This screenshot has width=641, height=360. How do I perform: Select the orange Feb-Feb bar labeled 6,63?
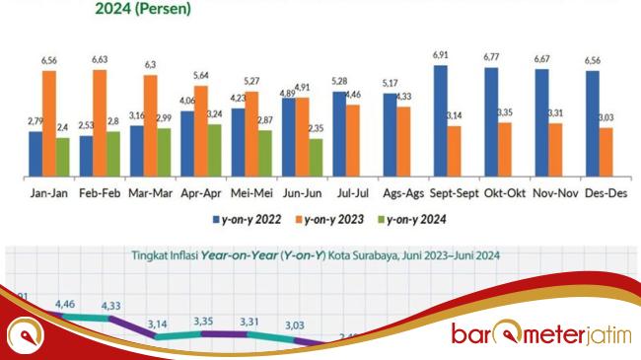coord(100,123)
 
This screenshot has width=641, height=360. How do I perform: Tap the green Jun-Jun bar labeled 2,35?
coord(315,157)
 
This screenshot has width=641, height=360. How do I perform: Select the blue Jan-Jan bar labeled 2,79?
coord(36,154)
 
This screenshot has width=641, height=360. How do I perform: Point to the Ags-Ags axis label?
coord(402,192)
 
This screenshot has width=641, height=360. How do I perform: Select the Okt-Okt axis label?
coord(503,192)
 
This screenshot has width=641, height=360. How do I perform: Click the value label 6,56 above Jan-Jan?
coord(49,61)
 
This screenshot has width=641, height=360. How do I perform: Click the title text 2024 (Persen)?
coord(143,10)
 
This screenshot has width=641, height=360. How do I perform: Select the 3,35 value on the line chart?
coord(205,321)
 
